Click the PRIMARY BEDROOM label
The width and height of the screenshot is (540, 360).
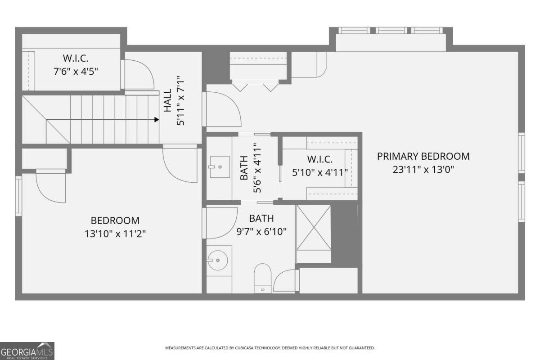(x=423, y=156)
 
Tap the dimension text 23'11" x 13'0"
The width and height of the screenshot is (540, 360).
(x=423, y=170)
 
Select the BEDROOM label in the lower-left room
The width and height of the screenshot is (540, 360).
(x=115, y=220)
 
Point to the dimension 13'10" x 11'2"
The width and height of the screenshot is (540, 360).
(x=115, y=234)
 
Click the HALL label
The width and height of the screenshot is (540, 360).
(x=167, y=101)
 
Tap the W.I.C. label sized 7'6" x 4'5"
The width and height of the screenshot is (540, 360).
(x=75, y=58)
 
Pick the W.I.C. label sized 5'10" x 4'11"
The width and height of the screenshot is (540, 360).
(x=319, y=159)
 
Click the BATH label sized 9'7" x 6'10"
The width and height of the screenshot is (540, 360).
(x=261, y=219)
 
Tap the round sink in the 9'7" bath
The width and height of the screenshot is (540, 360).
(x=218, y=260)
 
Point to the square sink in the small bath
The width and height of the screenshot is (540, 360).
(x=219, y=167)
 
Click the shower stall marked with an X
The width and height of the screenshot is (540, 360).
(x=314, y=228)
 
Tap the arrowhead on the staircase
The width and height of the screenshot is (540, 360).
(x=156, y=119)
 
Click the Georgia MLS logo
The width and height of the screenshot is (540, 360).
(x=27, y=351)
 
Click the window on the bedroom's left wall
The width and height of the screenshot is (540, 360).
(x=18, y=195)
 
